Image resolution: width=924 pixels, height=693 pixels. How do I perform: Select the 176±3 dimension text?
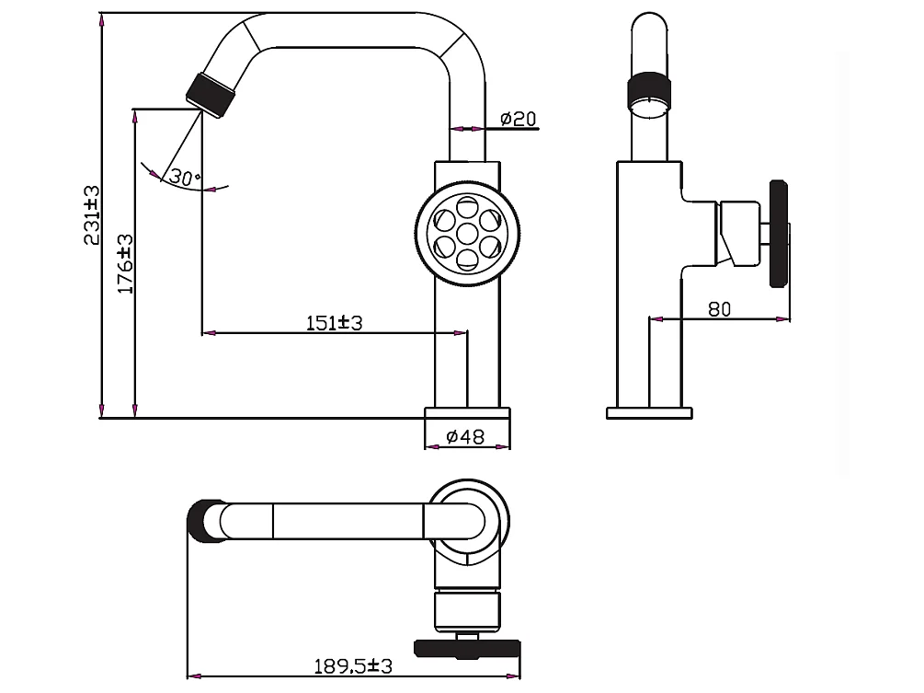[126, 263]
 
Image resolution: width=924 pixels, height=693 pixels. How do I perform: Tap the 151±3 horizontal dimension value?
[335, 323]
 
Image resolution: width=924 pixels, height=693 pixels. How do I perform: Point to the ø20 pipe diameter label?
[518, 119]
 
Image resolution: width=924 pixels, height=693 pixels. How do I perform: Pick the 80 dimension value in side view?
[719, 309]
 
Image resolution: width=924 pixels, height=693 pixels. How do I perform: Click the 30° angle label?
[184, 178]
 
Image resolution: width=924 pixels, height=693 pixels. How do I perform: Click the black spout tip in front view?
[210, 93]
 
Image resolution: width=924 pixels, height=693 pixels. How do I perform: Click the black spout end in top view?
[203, 521]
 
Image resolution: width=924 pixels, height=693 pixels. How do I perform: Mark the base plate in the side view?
[648, 411]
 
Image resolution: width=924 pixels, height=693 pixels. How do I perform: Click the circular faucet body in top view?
[469, 520]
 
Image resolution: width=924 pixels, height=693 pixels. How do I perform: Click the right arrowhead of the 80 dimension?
[785, 319]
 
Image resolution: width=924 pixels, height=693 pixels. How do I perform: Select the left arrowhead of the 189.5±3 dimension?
[191, 675]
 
